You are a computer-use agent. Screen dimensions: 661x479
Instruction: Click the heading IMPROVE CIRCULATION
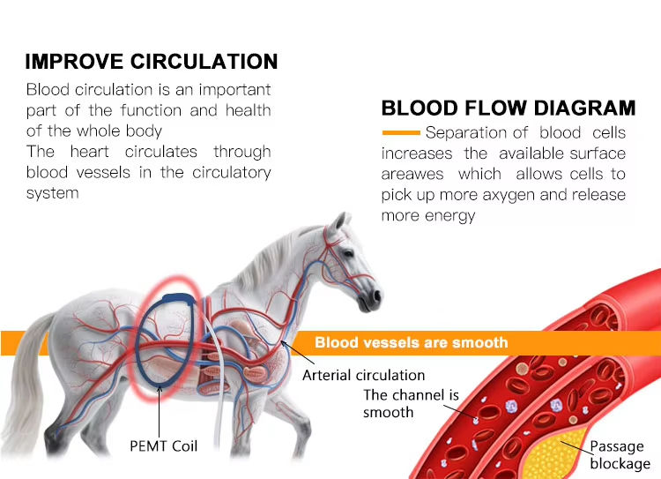coord(152,62)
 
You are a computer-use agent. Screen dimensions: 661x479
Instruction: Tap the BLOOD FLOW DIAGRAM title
coord(509,108)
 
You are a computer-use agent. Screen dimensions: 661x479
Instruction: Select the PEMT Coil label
coord(164,446)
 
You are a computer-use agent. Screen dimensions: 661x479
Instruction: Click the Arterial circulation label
coord(363,375)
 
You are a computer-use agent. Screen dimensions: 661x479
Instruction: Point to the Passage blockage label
coord(620,454)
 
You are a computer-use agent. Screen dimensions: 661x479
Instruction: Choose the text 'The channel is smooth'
coord(411,403)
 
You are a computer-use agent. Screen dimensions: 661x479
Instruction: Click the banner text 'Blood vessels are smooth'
coord(411,342)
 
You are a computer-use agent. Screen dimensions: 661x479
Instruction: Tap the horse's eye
coord(348,253)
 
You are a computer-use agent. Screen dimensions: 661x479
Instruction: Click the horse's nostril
coord(376,296)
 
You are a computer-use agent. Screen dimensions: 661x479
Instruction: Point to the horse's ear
coord(339,222)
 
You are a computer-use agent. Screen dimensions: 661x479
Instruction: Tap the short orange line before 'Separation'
coord(401,132)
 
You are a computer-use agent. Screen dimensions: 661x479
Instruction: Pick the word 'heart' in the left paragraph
coord(89,152)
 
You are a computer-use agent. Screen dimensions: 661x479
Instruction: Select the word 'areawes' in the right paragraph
coord(412,175)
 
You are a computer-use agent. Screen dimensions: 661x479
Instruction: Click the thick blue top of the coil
coord(179,298)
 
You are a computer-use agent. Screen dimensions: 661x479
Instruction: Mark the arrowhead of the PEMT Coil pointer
coord(160,388)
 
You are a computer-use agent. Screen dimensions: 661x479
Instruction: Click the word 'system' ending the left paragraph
coord(52,194)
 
